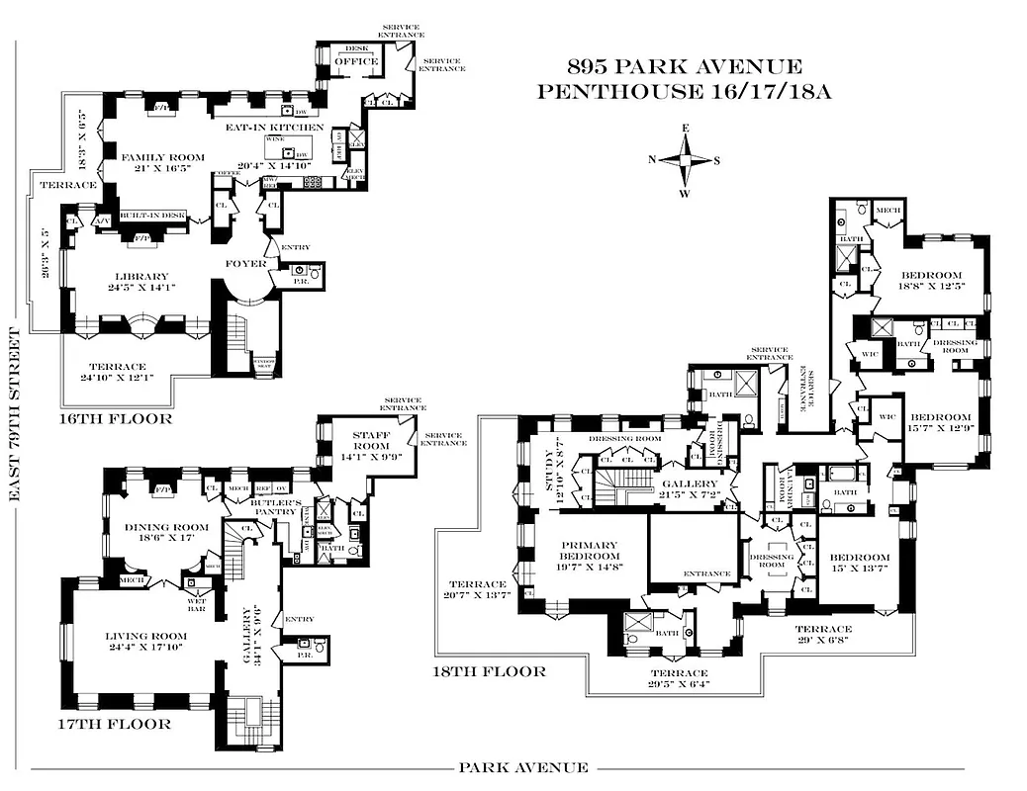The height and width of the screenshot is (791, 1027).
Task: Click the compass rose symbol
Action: click(x=685, y=160)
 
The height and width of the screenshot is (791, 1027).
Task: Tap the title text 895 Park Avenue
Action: click(x=684, y=67)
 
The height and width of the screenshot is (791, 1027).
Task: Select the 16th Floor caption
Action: click(x=115, y=418)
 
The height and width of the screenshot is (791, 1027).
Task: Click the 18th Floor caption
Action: click(x=490, y=671)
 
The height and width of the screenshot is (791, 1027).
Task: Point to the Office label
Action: click(x=355, y=61)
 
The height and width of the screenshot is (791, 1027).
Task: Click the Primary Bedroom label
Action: click(x=590, y=552)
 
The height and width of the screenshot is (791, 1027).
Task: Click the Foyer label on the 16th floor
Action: click(x=242, y=264)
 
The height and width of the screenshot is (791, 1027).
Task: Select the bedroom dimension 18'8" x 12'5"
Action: click(x=930, y=285)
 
